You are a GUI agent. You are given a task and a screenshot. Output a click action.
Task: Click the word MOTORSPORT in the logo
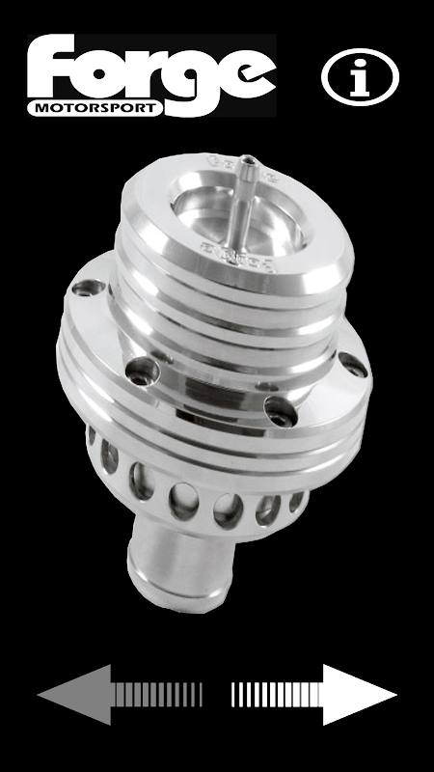pos(95,108)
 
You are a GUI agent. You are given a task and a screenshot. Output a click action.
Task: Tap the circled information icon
pos(360,77)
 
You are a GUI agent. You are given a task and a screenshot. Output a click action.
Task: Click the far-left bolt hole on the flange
pos(88,287)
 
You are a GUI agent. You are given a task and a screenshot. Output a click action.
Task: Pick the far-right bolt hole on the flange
pos(353,365)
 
